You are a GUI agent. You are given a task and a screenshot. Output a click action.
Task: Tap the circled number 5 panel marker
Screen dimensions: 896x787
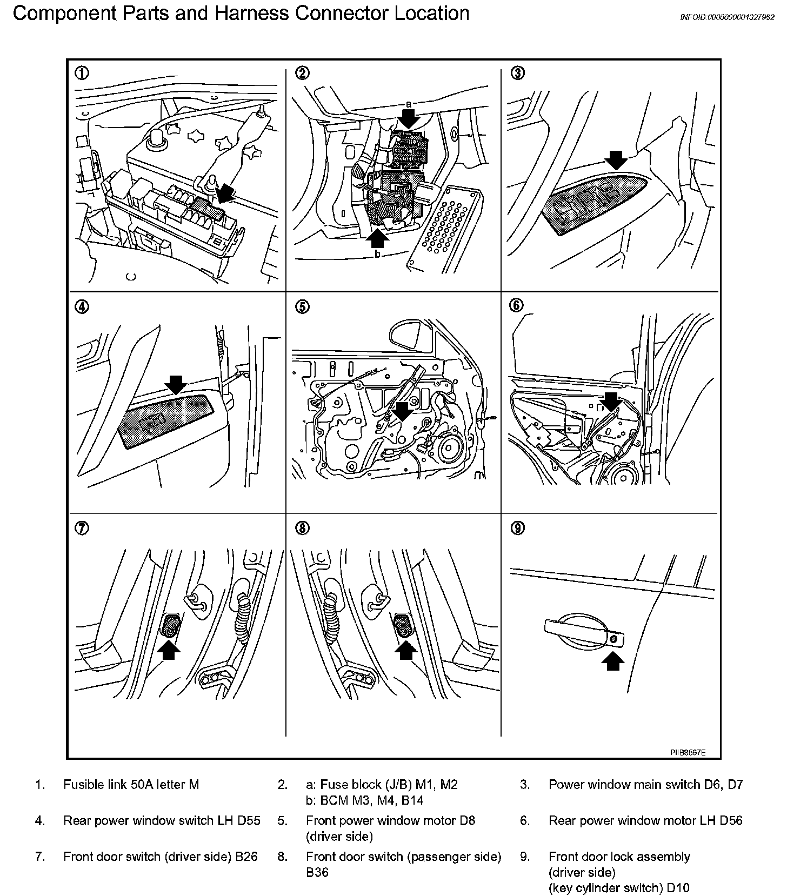tap(302, 307)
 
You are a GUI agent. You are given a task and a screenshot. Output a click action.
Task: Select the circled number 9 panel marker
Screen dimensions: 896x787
tap(517, 528)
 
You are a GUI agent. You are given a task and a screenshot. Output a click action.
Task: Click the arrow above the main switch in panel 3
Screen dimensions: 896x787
tap(616, 159)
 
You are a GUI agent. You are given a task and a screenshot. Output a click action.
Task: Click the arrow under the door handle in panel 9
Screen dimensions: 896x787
tap(612, 660)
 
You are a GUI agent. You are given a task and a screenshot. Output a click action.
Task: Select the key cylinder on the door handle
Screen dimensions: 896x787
tap(614, 639)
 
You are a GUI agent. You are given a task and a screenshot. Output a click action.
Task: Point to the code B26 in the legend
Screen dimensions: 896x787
tap(246, 857)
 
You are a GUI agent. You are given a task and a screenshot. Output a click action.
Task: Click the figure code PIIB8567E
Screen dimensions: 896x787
tap(688, 752)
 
